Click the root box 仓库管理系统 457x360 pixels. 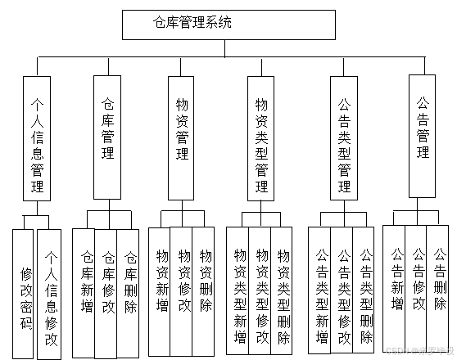coord(192,24)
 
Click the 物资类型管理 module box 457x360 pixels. coord(261,136)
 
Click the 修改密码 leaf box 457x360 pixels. coord(25,295)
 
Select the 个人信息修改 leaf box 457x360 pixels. coord(50,295)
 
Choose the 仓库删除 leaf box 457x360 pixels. coord(129,282)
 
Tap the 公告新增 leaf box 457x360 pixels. coord(397,278)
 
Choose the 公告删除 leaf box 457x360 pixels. coord(439,278)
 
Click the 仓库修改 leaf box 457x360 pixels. coord(106,282)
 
